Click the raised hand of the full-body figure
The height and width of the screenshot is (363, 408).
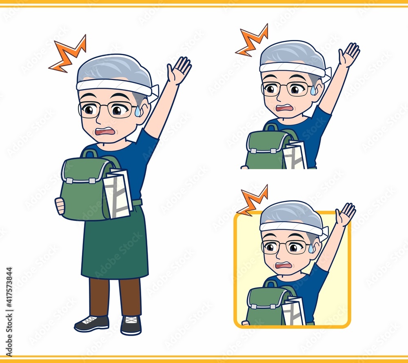pyautogui.click(x=179, y=70)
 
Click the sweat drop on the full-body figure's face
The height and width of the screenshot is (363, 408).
pyautogui.click(x=137, y=111)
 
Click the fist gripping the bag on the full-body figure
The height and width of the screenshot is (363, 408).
pyautogui.click(x=60, y=206)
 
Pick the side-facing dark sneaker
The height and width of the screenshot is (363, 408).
pyautogui.click(x=91, y=323)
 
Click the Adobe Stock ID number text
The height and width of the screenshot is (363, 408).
pyautogui.click(x=9, y=312)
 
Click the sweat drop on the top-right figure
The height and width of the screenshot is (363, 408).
pyautogui.click(x=313, y=90)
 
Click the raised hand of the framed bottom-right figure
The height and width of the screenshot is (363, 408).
pyautogui.click(x=345, y=214)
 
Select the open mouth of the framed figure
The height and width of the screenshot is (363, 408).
pyautogui.click(x=284, y=265)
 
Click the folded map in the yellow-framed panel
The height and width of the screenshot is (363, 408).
pyautogui.click(x=293, y=311)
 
